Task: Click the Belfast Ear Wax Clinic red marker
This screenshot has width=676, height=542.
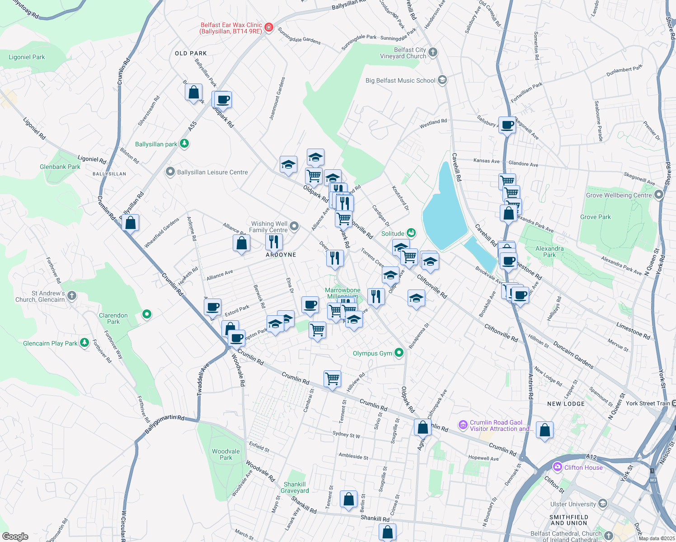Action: [x=269, y=28]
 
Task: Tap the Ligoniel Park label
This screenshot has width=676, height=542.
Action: [x=27, y=57]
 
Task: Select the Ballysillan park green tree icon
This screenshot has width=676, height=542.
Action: [x=184, y=144]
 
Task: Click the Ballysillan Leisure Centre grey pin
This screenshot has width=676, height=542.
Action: [x=170, y=172]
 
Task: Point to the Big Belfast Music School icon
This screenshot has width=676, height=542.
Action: [x=442, y=80]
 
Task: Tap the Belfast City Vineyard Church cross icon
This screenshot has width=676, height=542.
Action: [x=433, y=52]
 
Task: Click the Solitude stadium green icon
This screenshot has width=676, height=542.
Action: [x=411, y=233]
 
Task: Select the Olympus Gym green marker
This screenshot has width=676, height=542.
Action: [x=399, y=353]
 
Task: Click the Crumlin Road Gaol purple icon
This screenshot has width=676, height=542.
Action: [x=463, y=425]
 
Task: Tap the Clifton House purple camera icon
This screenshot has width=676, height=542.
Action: [x=557, y=467]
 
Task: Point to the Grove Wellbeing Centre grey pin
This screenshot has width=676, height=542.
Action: [x=658, y=195]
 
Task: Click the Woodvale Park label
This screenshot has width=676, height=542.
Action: [x=226, y=454]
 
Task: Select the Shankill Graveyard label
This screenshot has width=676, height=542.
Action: [x=295, y=487]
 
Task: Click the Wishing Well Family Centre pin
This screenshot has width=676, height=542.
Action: [x=294, y=226]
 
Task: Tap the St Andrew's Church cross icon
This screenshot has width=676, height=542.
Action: [x=72, y=296]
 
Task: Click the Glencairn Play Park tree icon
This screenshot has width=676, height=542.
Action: [x=84, y=343]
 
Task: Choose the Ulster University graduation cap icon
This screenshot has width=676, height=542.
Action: [x=602, y=504]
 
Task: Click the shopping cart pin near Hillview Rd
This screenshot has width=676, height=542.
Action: [x=332, y=378]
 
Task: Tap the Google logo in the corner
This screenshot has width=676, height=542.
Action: [x=15, y=536]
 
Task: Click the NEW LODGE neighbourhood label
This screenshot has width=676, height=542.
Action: [x=566, y=404]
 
